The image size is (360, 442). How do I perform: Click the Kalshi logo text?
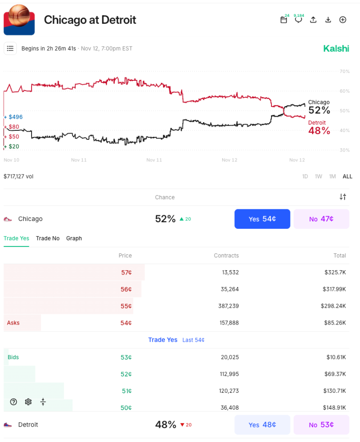336,48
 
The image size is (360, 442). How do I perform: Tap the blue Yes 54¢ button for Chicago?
262,219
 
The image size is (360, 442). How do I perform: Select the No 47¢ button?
321,219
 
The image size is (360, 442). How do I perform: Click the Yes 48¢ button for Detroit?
262,425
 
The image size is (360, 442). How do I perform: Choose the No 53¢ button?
321,425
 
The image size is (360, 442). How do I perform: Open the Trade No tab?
47,238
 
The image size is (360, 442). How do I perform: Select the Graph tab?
74,238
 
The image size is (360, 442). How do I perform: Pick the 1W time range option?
319,177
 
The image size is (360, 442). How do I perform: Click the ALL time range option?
347,177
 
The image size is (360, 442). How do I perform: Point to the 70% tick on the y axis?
344,71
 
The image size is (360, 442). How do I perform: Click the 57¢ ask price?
126,272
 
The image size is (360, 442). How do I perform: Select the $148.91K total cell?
335,407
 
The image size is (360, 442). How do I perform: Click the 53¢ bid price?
126,357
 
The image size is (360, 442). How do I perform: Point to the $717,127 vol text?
19,177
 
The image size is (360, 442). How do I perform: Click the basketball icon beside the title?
19,20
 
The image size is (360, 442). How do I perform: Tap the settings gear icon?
28,402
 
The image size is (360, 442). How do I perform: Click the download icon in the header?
328,20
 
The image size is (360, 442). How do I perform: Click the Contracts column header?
226,256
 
